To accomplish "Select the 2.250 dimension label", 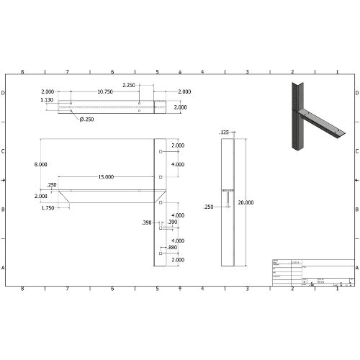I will (130, 85).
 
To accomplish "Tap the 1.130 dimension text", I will (47, 100).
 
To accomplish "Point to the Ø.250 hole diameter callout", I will (87, 119).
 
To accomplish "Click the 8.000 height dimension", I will (41, 164).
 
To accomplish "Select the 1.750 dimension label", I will (48, 207).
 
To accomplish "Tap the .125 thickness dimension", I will (224, 132).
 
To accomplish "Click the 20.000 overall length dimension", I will (246, 203).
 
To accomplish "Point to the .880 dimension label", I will (172, 247).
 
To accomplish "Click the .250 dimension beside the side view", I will (209, 207).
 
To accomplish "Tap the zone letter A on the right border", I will (356, 267).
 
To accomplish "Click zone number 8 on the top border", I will (22, 72).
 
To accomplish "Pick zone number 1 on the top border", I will (337, 72).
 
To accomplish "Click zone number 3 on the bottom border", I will (247, 289).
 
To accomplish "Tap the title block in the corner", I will (312, 272).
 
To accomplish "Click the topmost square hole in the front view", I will (159, 152).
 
